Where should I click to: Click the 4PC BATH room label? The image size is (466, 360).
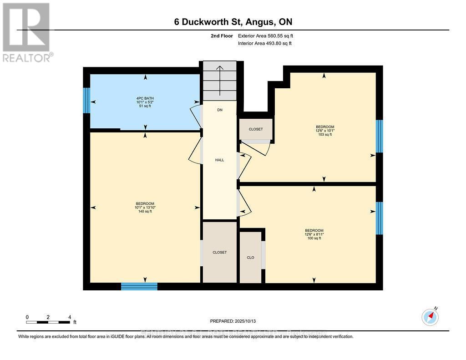[x=145, y=102]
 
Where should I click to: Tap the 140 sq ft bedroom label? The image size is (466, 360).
[x=145, y=207]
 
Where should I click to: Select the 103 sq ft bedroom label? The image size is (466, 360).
[x=325, y=131]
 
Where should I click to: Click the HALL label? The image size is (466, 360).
[x=220, y=160]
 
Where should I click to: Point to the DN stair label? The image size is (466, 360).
[x=220, y=110]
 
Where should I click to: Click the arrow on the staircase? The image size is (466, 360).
[x=219, y=79]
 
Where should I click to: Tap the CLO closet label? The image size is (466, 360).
[x=250, y=258]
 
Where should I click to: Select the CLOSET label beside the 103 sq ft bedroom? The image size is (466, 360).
[x=256, y=129]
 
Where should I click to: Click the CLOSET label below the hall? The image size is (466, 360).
[x=219, y=252]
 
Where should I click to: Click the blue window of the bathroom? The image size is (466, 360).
[x=86, y=100]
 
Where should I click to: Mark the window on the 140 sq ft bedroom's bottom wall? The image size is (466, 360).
[x=139, y=286]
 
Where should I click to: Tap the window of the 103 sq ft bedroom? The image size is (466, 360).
[x=379, y=136]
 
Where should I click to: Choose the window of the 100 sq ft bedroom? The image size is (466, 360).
[x=379, y=218]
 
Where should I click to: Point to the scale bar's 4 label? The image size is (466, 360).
[x=70, y=317]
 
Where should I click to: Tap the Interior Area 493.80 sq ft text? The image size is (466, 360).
[x=265, y=43]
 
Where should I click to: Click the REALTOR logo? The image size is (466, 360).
[x=27, y=32]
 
